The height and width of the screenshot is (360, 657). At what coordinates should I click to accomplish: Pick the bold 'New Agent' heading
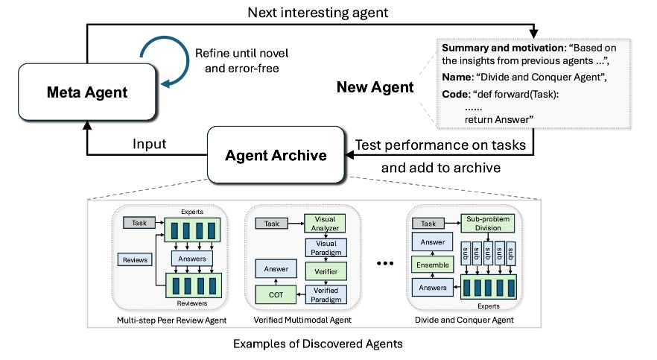(x=375, y=87)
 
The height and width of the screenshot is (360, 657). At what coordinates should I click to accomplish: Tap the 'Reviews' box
(x=133, y=259)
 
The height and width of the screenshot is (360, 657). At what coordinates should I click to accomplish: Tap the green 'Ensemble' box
(x=432, y=264)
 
